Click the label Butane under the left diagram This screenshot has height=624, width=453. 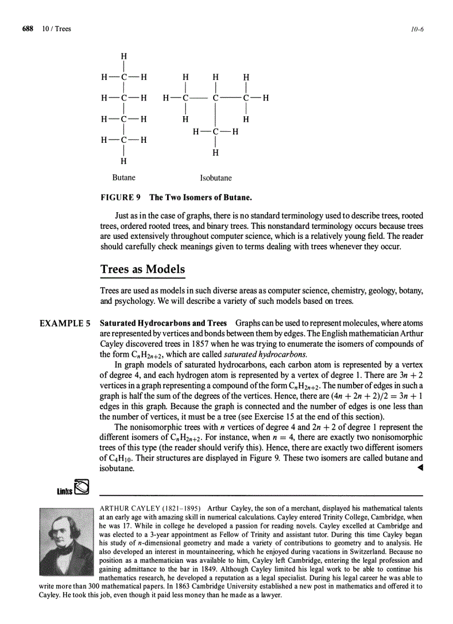click(x=124, y=178)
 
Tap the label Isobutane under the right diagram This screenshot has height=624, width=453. click(x=216, y=178)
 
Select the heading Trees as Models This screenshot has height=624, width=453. click(x=143, y=269)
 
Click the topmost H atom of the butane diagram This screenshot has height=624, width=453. click(x=124, y=56)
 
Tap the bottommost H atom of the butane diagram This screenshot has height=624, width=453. click(x=124, y=161)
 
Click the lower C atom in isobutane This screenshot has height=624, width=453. click(x=216, y=132)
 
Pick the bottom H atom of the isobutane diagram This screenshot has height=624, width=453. click(x=216, y=152)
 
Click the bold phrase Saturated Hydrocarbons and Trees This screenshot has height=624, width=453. click(x=163, y=323)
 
